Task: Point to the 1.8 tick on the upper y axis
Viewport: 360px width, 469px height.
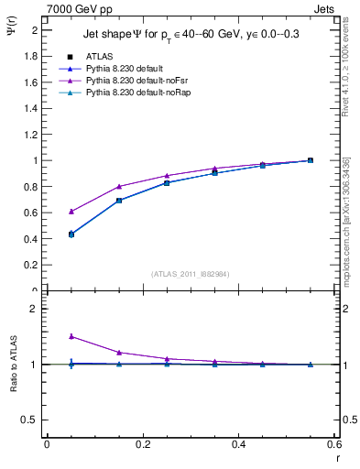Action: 33,56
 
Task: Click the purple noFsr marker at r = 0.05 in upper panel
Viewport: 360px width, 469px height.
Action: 71,211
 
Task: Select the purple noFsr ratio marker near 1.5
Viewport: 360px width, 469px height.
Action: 71,336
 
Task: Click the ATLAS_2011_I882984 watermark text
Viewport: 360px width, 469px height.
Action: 190,274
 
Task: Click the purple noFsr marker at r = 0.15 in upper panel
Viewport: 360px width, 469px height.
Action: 119,186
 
